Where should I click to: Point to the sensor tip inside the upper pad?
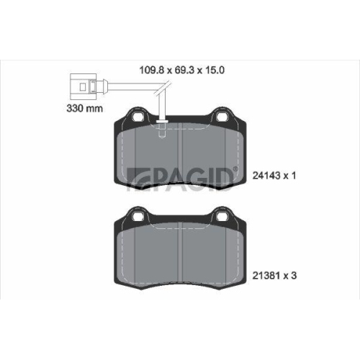pos(163,130)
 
